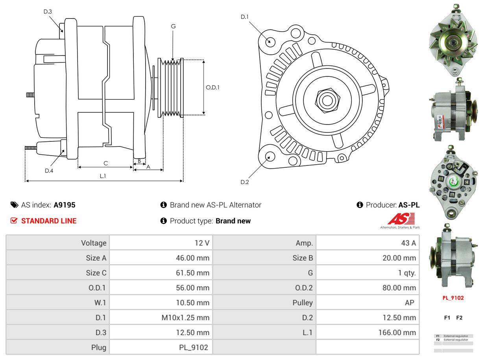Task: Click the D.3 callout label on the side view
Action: (48, 11)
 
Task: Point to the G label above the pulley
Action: (173, 26)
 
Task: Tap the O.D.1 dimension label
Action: (212, 87)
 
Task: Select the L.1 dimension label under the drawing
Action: (103, 176)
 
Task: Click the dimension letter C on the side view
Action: (105, 163)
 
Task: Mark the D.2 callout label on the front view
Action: (245, 182)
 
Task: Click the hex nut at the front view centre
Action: (326, 100)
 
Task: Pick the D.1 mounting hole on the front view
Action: (270, 41)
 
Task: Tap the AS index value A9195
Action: (65, 205)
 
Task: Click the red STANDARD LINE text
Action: (49, 221)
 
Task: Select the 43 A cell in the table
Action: (408, 243)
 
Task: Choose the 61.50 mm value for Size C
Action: (192, 273)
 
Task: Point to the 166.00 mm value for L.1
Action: (397, 332)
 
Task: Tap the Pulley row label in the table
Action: (303, 302)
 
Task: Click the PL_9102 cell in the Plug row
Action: (193, 347)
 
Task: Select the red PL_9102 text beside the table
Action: (453, 298)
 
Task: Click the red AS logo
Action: (401, 219)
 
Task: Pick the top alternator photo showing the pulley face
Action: (453, 41)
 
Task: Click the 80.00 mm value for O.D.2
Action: (400, 288)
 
